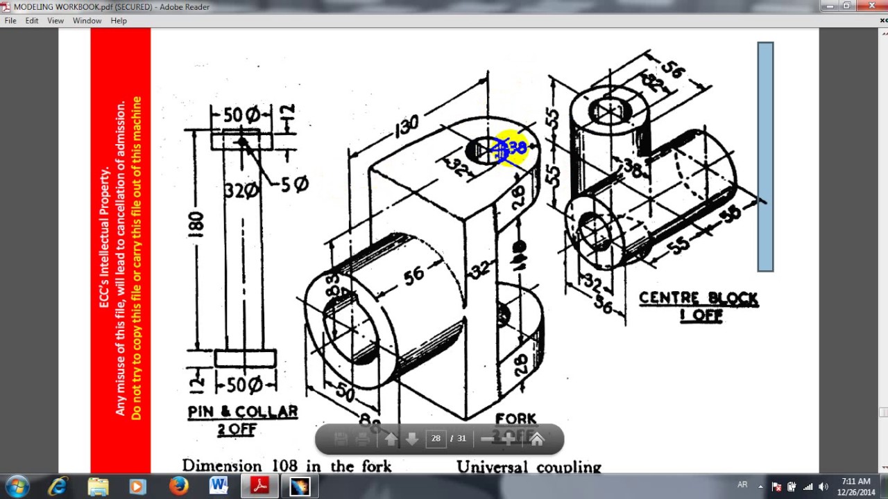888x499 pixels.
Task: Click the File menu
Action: (x=10, y=21)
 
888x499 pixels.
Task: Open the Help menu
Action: (x=119, y=21)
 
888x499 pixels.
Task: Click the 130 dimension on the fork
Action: (x=407, y=125)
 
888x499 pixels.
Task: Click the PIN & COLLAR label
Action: (x=242, y=412)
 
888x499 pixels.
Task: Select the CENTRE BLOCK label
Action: (x=698, y=299)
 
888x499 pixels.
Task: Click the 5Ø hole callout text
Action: (x=294, y=184)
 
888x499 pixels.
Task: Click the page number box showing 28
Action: (x=436, y=438)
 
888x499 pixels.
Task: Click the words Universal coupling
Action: (x=529, y=467)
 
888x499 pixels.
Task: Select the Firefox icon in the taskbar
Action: (x=178, y=487)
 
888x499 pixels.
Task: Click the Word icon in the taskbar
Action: (x=219, y=487)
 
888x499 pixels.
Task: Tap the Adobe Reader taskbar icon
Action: (x=259, y=487)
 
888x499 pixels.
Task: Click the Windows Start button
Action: (x=17, y=486)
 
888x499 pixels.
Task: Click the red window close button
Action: (x=871, y=6)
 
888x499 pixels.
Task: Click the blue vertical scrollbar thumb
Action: (x=765, y=157)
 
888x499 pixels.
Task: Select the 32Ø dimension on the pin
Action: (x=240, y=190)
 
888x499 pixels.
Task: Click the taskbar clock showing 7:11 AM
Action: (x=855, y=487)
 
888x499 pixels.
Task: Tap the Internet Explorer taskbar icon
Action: (x=58, y=487)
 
